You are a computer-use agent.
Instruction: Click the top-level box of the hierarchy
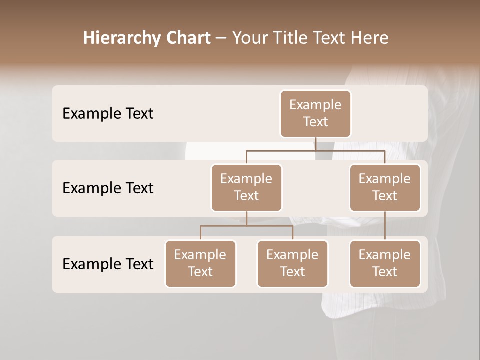coord(315,114)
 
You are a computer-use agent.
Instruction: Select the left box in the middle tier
coord(246,188)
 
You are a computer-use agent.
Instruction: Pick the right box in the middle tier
coord(385,188)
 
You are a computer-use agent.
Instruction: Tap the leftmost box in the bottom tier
coord(200,264)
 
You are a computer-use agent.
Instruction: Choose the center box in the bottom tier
coord(292,264)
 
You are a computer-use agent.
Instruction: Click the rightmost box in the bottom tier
coord(385,264)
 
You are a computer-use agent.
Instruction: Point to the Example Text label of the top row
coord(108,114)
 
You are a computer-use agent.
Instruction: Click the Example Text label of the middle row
coord(108,188)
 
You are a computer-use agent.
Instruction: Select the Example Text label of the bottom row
coord(108,264)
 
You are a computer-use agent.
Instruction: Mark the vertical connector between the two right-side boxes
coord(385,226)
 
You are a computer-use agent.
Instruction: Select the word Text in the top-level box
coord(315,122)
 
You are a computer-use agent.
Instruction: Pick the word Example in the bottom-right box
coord(385,255)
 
